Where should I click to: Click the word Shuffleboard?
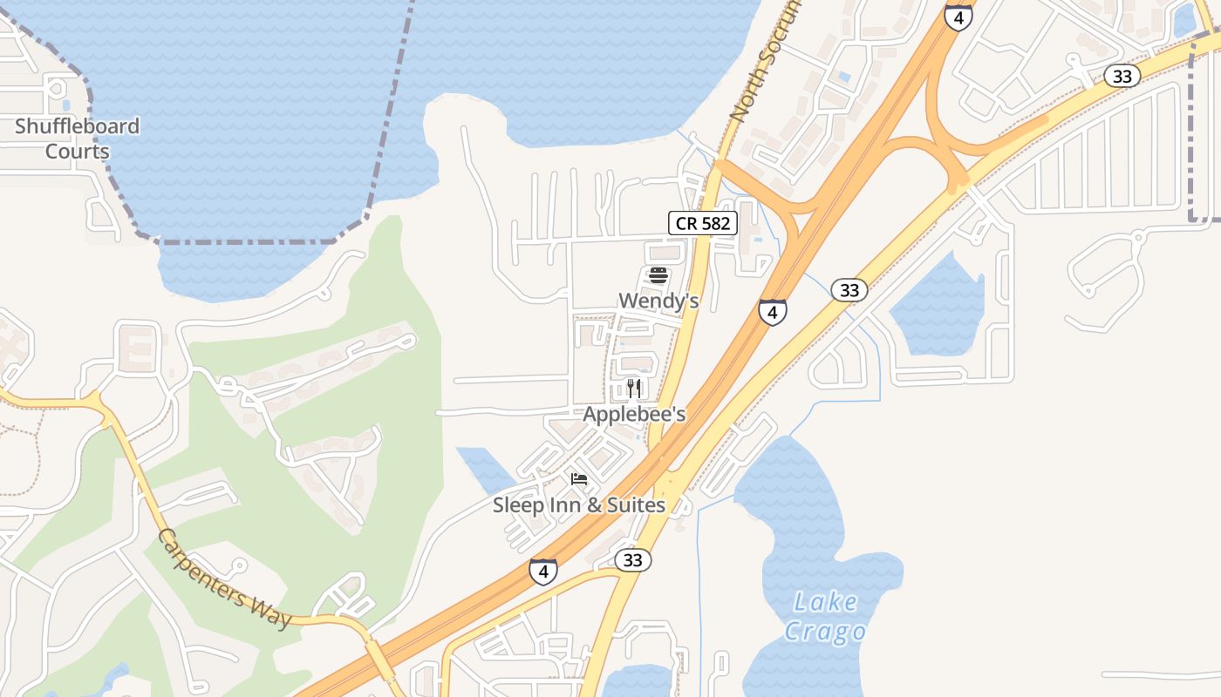click(x=77, y=126)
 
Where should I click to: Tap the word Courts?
click(x=77, y=152)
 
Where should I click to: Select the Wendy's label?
click(x=658, y=301)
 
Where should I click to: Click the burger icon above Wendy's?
click(x=658, y=276)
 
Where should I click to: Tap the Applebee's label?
click(x=634, y=415)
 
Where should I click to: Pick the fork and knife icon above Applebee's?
click(x=634, y=388)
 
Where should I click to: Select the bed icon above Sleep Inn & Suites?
click(x=579, y=478)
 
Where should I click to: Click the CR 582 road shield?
click(x=703, y=223)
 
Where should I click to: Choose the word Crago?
click(x=824, y=632)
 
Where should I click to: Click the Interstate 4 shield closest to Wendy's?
click(x=772, y=312)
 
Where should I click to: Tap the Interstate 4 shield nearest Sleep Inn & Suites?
click(x=542, y=572)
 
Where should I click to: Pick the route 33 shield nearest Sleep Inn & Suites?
click(x=632, y=560)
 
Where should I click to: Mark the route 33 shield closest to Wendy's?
click(x=849, y=289)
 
